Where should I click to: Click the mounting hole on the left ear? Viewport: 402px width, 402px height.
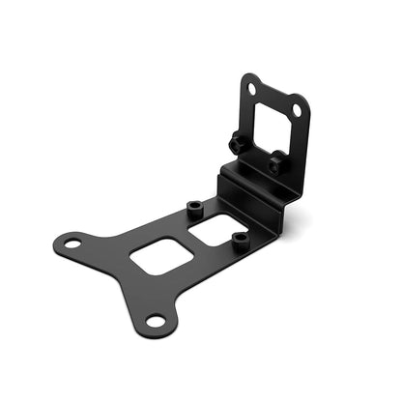click(71, 242)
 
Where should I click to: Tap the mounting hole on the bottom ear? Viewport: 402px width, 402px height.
click(154, 320)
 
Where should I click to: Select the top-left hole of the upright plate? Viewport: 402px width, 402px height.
click(251, 89)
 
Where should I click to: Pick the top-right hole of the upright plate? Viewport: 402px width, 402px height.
click(296, 110)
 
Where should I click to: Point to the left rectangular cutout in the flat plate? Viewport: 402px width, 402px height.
click(157, 256)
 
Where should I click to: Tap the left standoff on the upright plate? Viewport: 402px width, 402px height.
click(236, 143)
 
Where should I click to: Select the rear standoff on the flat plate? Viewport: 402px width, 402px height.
click(193, 208)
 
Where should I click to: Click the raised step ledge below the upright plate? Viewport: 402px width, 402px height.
click(253, 186)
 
